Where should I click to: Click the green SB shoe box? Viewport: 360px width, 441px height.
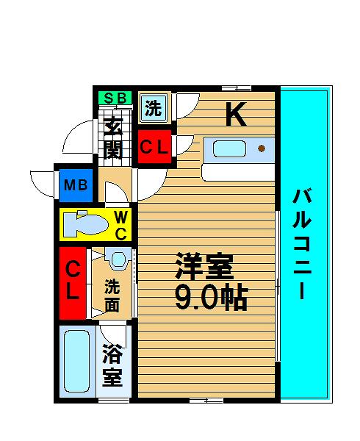pos(115,98)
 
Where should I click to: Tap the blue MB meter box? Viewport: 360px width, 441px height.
pos(76,185)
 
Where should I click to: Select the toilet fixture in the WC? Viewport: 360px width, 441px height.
pos(85,223)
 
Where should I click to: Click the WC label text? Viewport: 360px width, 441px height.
pos(121,225)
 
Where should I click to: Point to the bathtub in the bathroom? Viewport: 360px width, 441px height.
pos(77,361)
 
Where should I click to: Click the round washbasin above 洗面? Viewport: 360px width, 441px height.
pos(118,259)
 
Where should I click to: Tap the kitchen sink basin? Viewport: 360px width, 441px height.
pos(229,148)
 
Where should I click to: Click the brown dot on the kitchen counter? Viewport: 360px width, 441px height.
pos(262,148)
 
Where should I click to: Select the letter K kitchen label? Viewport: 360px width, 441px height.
pos(237,114)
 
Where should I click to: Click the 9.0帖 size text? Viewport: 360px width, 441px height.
pos(212,298)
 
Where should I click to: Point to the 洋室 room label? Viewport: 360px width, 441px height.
pos(204,266)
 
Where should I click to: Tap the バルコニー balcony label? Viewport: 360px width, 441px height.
pos(302,244)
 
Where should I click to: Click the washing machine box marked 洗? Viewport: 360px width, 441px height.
pos(154,108)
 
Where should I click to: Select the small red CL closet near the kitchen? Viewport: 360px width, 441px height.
pos(154,146)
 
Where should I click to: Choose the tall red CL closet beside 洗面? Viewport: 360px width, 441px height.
pos(73,283)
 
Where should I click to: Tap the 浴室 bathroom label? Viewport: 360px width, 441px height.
pos(112,365)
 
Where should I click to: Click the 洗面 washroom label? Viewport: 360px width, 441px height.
pos(112,295)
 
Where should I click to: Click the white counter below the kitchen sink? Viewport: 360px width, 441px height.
pos(238,172)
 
